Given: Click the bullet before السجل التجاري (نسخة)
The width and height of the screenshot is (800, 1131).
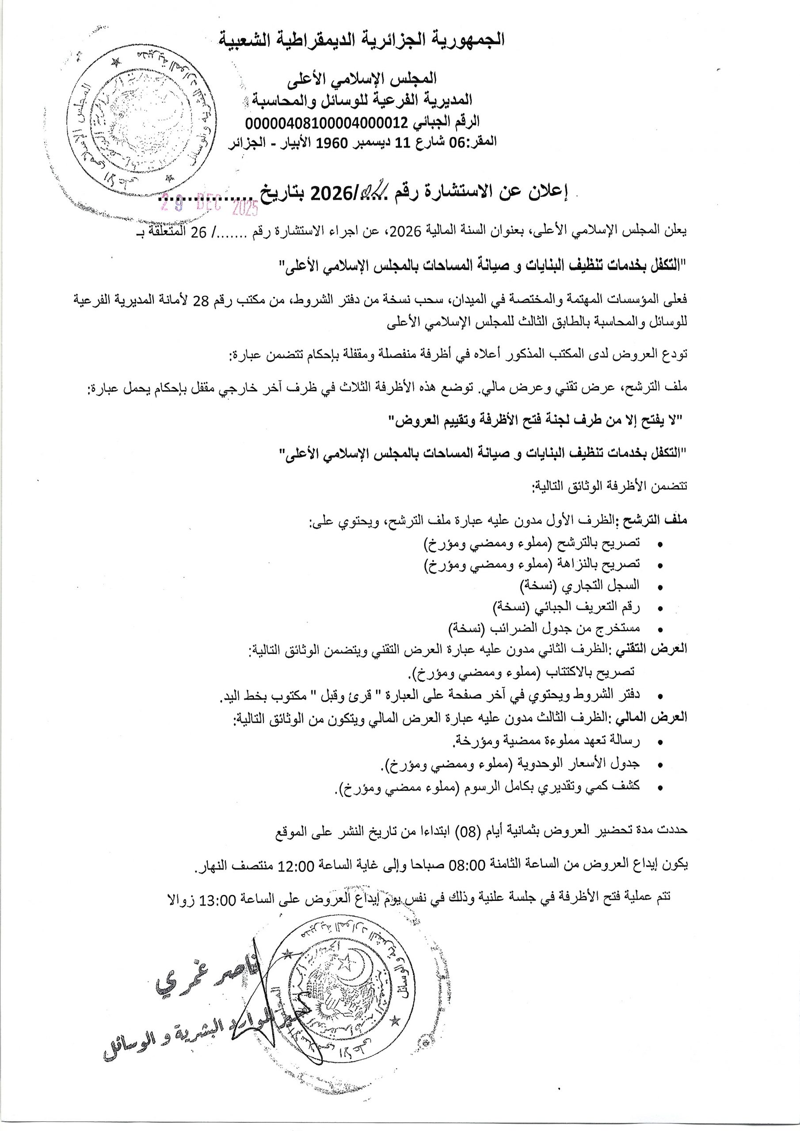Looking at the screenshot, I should coord(660,587).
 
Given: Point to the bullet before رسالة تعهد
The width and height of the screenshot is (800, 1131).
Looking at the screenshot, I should coord(660,742).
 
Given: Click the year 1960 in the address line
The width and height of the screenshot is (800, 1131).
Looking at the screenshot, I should coord(329,142).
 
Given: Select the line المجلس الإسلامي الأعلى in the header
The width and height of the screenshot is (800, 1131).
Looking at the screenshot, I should coord(362,78).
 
